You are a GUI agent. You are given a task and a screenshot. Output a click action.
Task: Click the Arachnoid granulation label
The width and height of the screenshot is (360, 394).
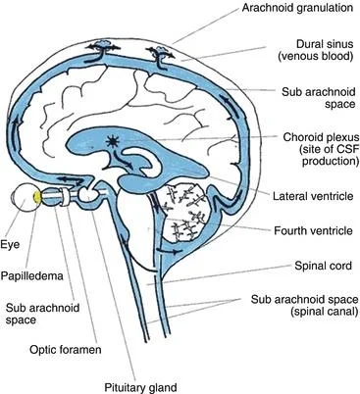pyautogui.click(x=297, y=8)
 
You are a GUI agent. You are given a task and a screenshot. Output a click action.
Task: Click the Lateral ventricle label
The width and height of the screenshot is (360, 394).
pyautogui.click(x=313, y=196)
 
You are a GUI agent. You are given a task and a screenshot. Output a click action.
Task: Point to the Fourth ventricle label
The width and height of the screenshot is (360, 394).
pyautogui.click(x=313, y=230)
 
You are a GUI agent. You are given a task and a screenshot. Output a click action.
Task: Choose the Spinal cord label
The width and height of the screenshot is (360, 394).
pyautogui.click(x=323, y=266)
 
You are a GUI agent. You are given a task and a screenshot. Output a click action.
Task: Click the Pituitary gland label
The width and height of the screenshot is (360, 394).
pyautogui.click(x=140, y=388)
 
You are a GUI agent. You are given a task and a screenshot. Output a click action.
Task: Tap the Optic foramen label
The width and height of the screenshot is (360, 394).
pyautogui.click(x=66, y=350)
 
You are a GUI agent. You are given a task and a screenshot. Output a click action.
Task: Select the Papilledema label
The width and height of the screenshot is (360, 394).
pyautogui.click(x=31, y=276)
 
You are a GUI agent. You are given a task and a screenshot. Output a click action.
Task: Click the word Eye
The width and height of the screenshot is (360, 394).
pyautogui.click(x=10, y=245)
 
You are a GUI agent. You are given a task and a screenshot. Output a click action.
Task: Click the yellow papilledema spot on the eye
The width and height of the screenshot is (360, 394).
pyautogui.click(x=37, y=197)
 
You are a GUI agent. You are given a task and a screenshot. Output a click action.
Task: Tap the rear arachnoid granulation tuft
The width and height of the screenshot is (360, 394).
pyautogui.click(x=160, y=51)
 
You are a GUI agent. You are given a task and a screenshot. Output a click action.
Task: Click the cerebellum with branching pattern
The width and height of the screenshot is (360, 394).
pyautogui.click(x=185, y=213)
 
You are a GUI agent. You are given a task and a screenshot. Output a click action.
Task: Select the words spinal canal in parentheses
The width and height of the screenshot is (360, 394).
pyautogui.click(x=323, y=311)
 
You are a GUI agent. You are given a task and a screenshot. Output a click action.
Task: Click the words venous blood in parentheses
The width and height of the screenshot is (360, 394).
pyautogui.click(x=316, y=56)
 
